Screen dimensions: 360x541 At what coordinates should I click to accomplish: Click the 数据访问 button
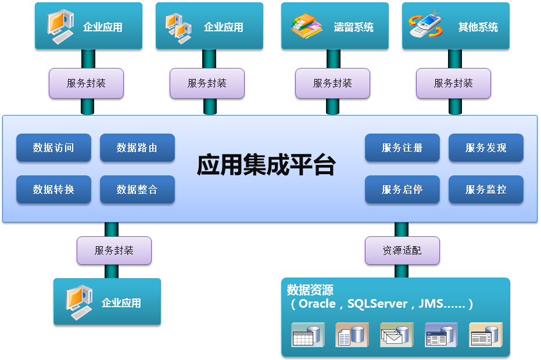[x=53, y=148]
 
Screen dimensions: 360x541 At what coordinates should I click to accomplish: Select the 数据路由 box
[x=137, y=148]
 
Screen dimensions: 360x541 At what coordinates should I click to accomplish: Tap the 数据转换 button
[x=53, y=189]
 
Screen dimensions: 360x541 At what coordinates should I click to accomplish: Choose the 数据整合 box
[x=137, y=189]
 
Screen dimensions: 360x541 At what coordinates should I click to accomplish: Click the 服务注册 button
[x=402, y=148]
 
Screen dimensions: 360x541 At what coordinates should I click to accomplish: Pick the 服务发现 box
[x=486, y=148]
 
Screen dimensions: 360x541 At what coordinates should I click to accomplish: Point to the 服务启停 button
[x=402, y=189]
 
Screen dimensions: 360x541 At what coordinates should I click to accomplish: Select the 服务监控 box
[x=486, y=189]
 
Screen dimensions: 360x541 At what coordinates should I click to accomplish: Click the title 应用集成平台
[x=266, y=165]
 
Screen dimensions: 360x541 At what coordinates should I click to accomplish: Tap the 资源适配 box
[x=402, y=251]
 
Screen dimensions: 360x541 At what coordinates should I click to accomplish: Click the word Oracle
[x=317, y=304]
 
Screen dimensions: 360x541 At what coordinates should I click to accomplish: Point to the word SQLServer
[x=377, y=304]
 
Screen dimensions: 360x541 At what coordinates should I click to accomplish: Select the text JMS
[x=431, y=304]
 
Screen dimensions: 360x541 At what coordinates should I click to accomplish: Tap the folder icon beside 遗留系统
[x=306, y=27]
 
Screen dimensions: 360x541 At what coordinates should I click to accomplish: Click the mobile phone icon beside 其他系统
[x=427, y=27]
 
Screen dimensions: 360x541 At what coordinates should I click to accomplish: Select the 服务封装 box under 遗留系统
[x=332, y=83]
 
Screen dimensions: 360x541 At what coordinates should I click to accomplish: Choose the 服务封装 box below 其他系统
[x=453, y=83]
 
